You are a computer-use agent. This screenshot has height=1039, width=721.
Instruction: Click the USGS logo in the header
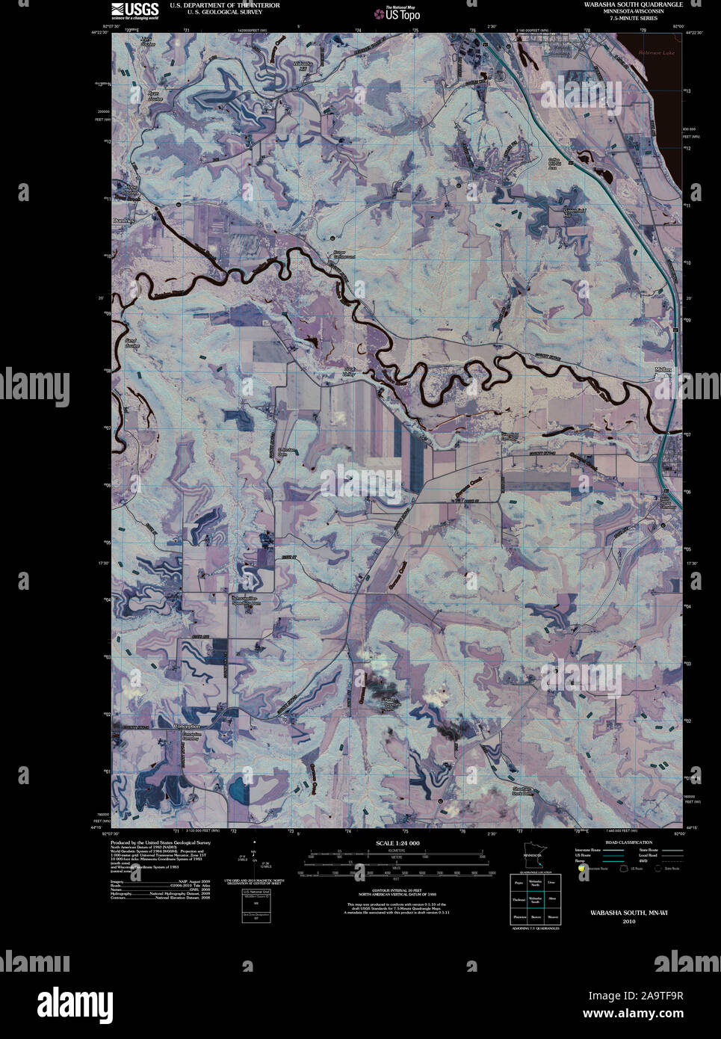tap(134, 10)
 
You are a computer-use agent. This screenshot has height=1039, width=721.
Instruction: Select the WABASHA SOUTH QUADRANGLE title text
tap(634, 4)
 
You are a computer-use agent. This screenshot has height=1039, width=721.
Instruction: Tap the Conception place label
tap(187, 727)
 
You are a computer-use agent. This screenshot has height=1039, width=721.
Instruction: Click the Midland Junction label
tap(663, 371)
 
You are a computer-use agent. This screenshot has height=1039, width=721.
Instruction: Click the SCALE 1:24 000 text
tap(397, 843)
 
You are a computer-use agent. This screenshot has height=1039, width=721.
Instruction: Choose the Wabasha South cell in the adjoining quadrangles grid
tap(535, 900)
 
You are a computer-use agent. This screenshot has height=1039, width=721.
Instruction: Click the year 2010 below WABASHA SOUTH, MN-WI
tap(628, 922)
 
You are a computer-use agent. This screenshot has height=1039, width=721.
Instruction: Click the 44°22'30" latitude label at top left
tap(100, 32)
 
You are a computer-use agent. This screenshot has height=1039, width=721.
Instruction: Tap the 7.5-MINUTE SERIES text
tap(634, 18)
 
